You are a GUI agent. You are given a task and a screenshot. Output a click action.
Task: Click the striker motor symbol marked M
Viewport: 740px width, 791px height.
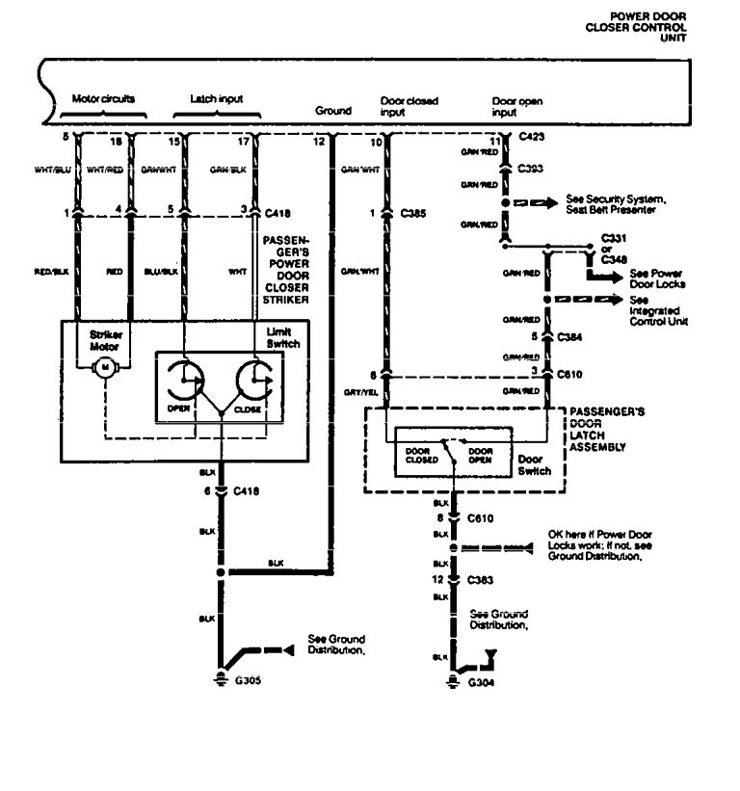click(104, 367)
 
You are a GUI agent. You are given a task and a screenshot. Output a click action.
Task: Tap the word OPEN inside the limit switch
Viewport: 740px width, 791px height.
click(177, 408)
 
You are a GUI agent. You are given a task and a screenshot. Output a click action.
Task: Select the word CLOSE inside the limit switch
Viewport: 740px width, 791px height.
click(248, 408)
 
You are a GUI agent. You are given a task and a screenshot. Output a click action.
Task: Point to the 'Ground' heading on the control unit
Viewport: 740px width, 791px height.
click(333, 111)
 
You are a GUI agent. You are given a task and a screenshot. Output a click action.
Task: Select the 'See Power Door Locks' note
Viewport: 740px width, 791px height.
click(640, 277)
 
